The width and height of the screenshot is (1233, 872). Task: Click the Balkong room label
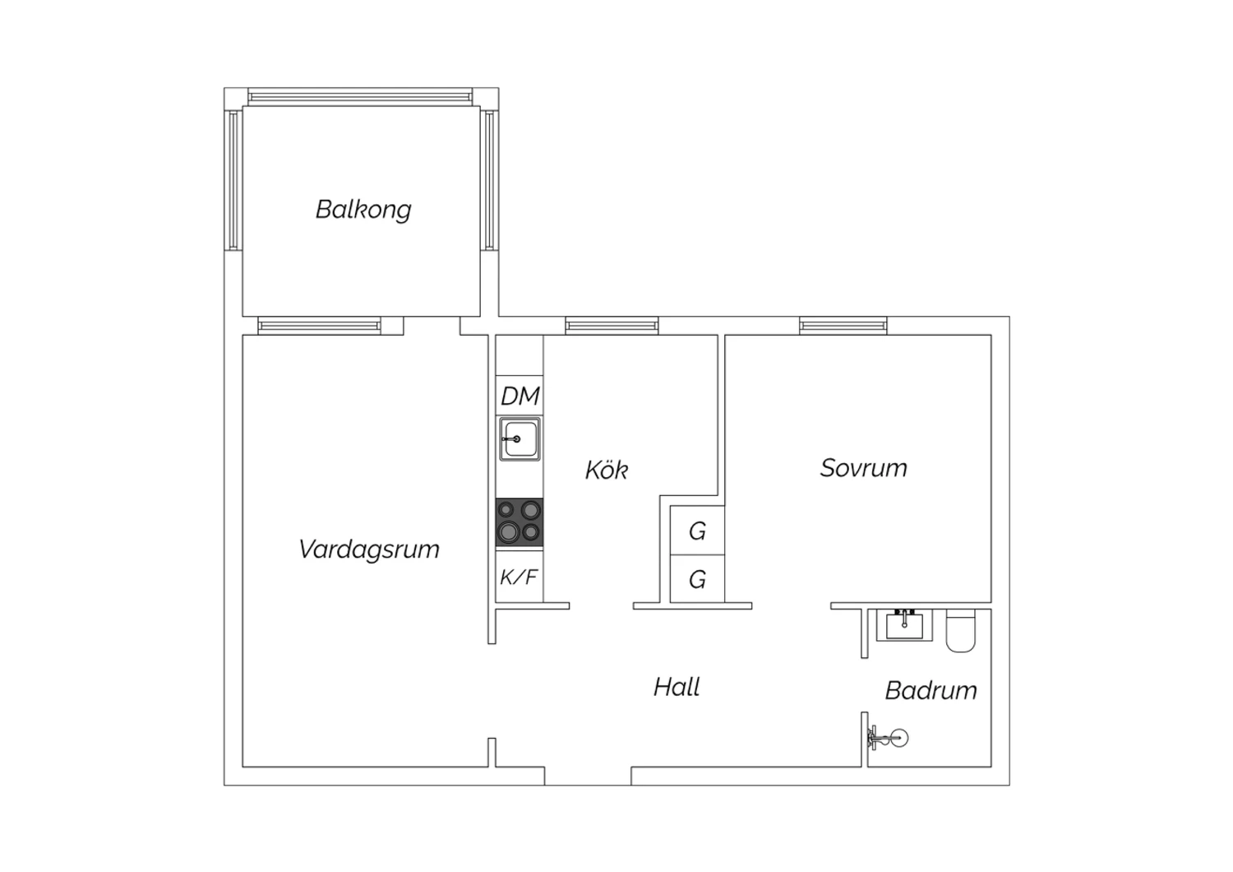[363, 210]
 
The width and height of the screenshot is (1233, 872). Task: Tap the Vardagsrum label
[369, 550]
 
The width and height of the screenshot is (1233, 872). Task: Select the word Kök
[606, 470]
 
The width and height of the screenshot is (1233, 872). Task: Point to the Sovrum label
[863, 468]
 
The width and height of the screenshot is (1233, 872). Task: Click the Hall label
[677, 687]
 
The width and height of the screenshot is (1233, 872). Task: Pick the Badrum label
[931, 690]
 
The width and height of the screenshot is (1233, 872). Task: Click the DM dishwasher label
[520, 396]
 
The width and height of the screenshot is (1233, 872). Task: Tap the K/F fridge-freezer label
[519, 577]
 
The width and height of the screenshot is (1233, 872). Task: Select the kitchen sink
[520, 439]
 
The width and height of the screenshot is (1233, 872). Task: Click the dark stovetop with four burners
[519, 522]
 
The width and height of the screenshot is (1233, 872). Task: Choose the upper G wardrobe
[697, 531]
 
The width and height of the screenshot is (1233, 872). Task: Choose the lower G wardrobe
[697, 578]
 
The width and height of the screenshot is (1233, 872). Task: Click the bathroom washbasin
[904, 625]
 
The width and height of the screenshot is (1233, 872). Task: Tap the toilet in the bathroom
[961, 630]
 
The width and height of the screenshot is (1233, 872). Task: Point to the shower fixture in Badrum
[887, 738]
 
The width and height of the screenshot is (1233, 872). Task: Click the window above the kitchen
[612, 326]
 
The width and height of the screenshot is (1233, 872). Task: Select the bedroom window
[843, 326]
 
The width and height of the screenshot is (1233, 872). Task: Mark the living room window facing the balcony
[319, 326]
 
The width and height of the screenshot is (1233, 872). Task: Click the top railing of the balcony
[360, 97]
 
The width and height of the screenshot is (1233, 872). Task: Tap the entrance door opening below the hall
[588, 776]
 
